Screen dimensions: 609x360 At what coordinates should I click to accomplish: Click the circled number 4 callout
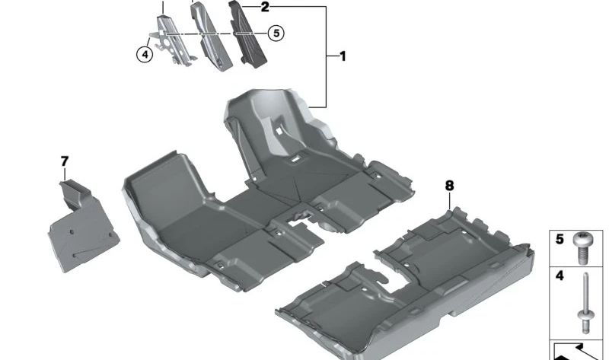pyautogui.click(x=145, y=54)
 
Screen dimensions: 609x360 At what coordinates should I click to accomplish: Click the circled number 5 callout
pyautogui.click(x=276, y=33)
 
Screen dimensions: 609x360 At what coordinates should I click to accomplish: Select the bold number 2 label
pyautogui.click(x=265, y=7)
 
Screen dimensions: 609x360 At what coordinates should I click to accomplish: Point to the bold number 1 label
pyautogui.click(x=343, y=56)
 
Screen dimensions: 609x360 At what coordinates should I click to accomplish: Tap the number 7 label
pyautogui.click(x=65, y=161)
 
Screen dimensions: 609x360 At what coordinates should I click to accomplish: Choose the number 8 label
pyautogui.click(x=449, y=186)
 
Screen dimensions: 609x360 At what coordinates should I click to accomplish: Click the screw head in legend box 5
pyautogui.click(x=582, y=239)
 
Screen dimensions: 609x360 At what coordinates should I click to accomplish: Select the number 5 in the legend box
pyautogui.click(x=560, y=239)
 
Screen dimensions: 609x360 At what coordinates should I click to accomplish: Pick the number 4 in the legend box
pyautogui.click(x=560, y=276)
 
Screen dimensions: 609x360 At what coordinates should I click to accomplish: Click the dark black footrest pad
pyautogui.click(x=247, y=35)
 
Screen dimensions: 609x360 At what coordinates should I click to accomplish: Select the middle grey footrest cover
pyautogui.click(x=211, y=37)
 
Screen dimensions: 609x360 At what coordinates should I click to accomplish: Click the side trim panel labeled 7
pyautogui.click(x=83, y=226)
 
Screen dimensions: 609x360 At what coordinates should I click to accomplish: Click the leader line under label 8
pyautogui.click(x=449, y=201)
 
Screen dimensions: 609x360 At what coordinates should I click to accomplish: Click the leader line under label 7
pyautogui.click(x=65, y=174)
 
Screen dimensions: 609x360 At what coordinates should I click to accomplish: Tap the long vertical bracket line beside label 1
pyautogui.click(x=326, y=56)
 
